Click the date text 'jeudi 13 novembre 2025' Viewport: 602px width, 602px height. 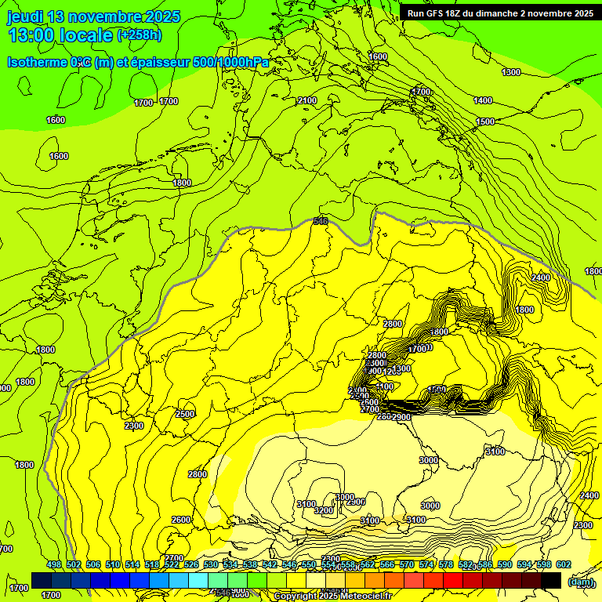point(93,16)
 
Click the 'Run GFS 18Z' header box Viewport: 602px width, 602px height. point(499,13)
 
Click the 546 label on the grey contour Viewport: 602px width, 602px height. point(321,222)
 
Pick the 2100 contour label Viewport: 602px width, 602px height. point(307,100)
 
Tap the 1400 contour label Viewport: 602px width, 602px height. point(483,100)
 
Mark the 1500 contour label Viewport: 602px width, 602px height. point(485,121)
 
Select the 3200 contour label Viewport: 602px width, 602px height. point(323,510)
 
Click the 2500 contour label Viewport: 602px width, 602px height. point(185,414)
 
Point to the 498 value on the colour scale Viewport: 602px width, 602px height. point(54,565)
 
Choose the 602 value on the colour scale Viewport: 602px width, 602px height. point(564,565)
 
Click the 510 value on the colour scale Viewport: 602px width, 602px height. point(113,565)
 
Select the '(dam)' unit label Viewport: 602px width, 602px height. point(581,581)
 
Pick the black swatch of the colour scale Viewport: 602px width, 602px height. point(551,580)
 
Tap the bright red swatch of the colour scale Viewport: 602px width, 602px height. point(453,580)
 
